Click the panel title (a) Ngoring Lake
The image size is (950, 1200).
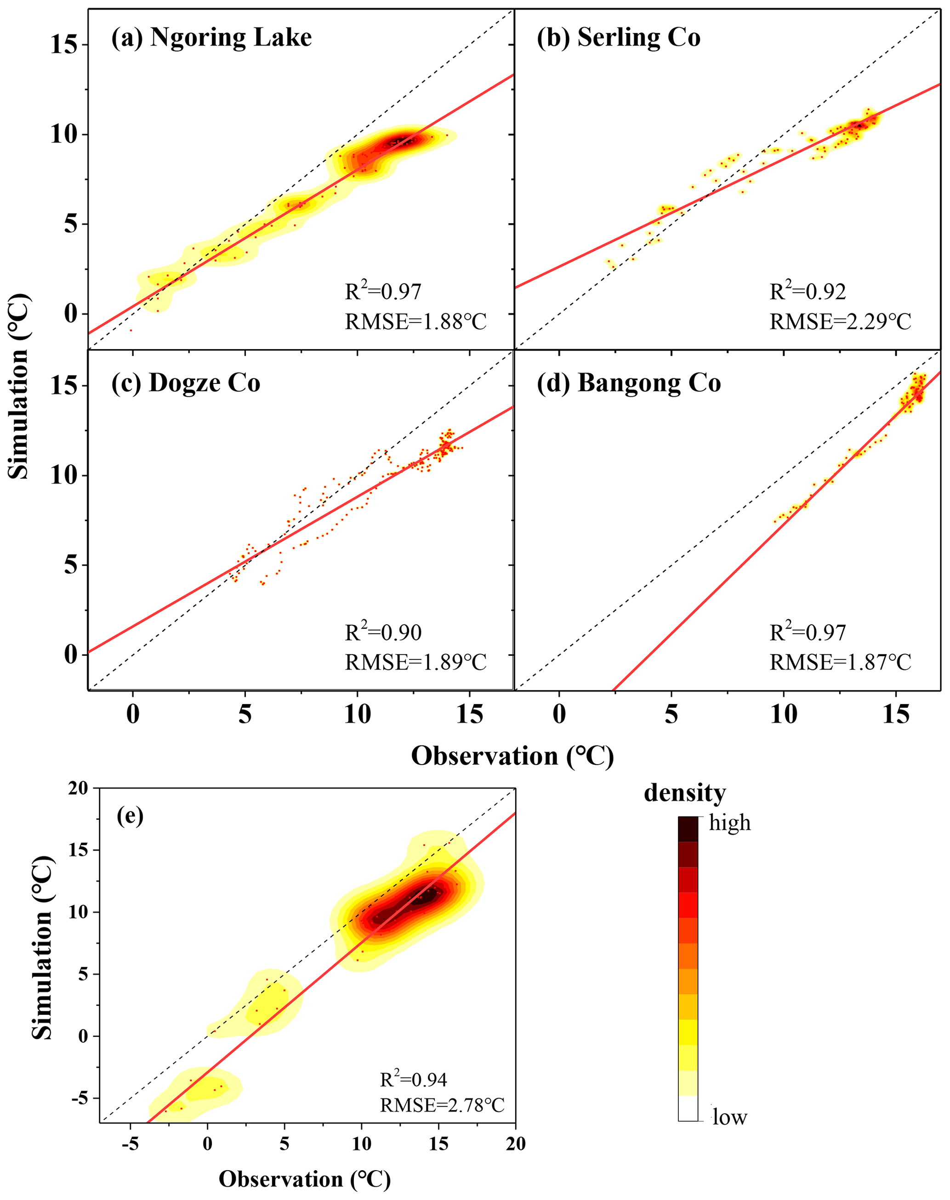coord(211,38)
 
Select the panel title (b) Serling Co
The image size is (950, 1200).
coord(618,38)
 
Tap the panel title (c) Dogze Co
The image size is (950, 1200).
coord(186,383)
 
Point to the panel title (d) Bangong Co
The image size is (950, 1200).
coord(629,383)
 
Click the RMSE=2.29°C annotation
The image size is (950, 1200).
coord(840,321)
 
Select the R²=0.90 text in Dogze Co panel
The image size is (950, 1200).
coord(383,632)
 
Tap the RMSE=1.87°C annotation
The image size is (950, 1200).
coord(840,662)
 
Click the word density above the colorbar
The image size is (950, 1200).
coord(685,793)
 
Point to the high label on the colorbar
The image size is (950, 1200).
coord(729,823)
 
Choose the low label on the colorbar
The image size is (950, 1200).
coord(730,1117)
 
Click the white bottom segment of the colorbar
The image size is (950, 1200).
coord(688,1108)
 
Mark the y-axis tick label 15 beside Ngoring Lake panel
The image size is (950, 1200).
coord(63,45)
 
